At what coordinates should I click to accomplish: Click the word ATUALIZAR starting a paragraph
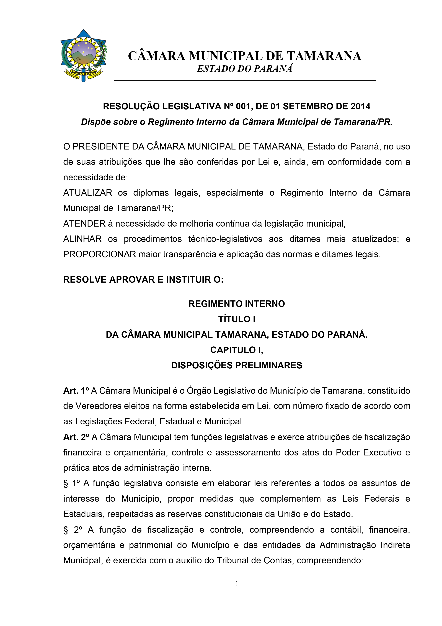(88, 193)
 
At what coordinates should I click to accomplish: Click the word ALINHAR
(82, 239)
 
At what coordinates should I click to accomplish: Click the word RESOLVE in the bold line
(85, 280)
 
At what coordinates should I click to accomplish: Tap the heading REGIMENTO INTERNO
(236, 304)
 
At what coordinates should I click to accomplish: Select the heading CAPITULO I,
(236, 350)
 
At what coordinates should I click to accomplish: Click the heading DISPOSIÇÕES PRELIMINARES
(236, 365)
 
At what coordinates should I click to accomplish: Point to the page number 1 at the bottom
(237, 584)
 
